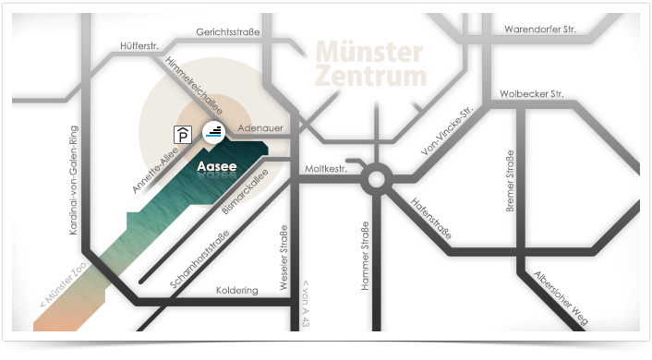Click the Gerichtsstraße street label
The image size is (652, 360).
[228, 32]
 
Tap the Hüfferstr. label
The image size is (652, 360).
[139, 45]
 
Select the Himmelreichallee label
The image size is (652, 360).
[189, 78]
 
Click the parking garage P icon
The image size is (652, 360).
[184, 135]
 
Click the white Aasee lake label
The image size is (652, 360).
[218, 167]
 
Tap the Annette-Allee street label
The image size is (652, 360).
[154, 173]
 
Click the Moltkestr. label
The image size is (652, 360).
[325, 170]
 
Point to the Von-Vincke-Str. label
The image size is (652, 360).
[447, 133]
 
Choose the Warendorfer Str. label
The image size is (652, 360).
[539, 30]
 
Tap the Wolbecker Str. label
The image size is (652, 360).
[531, 94]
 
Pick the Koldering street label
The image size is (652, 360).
[236, 290]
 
